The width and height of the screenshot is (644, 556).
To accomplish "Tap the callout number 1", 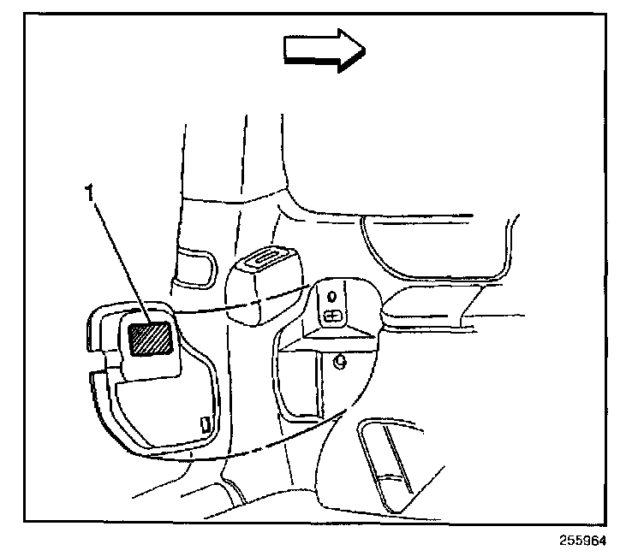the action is [x=89, y=195].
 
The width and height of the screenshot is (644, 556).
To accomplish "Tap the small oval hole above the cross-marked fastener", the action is [x=332, y=296].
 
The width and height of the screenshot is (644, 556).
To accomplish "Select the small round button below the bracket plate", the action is [x=339, y=362].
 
